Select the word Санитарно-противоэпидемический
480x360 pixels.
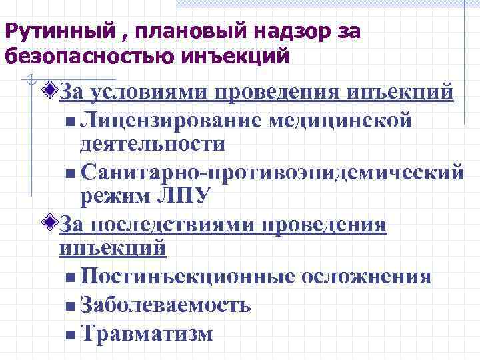tap(269, 172)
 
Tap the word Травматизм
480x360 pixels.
tap(146, 333)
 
